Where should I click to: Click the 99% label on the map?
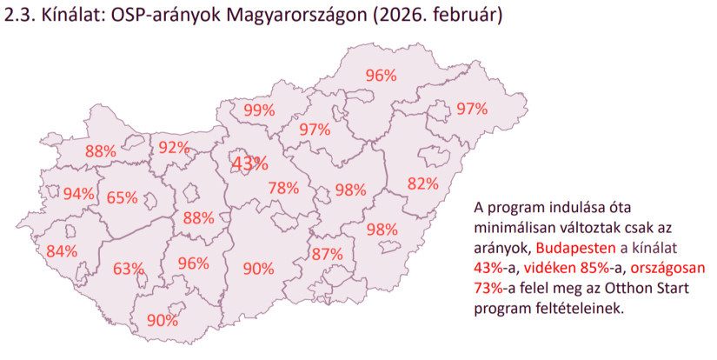(259, 110)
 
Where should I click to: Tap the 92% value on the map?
(174, 148)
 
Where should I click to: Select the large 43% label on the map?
(249, 163)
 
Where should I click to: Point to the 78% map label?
(283, 188)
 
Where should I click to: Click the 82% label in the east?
(422, 183)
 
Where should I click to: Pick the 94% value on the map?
(79, 194)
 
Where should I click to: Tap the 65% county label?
(122, 197)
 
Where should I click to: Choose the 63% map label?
(128, 269)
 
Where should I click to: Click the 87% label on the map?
(327, 255)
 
